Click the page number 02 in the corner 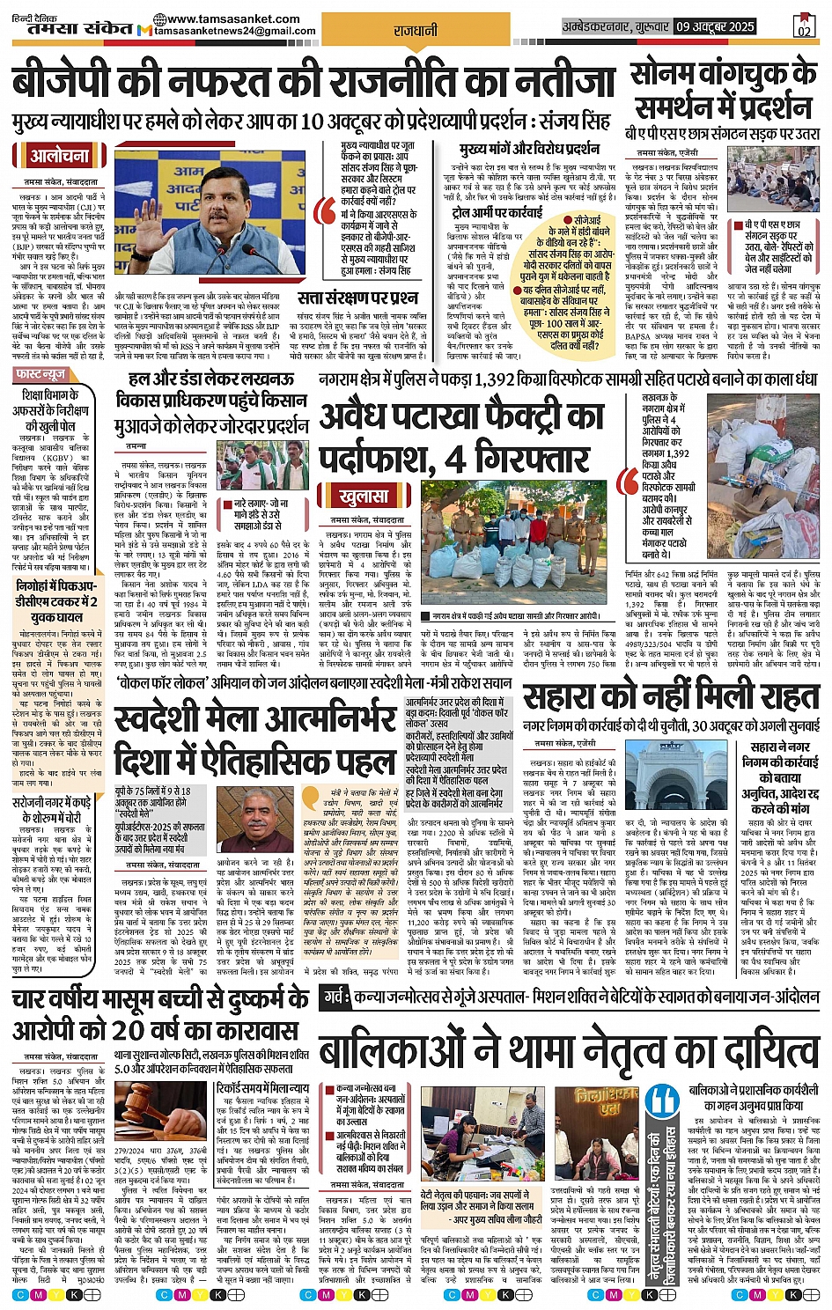coord(803,27)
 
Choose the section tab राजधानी coord(416,31)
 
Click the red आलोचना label coord(60,157)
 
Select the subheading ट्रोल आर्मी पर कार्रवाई coord(497,212)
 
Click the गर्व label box coord(334,997)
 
